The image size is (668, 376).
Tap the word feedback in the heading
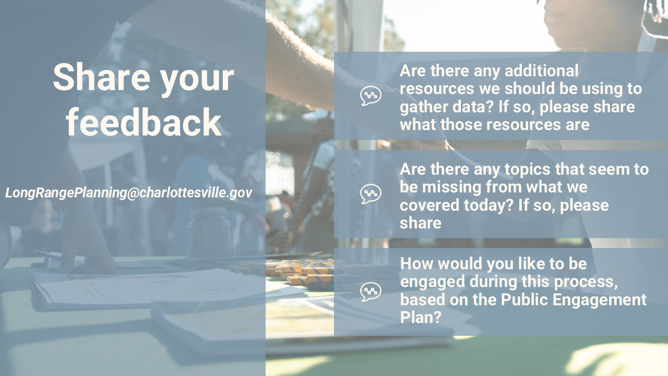click(144, 122)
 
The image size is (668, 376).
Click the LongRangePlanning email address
click(129, 193)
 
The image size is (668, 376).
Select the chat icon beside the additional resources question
click(371, 96)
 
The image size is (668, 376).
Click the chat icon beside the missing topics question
click(371, 194)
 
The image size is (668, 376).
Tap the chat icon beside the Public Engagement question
click(371, 291)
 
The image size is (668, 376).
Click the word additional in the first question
click(542, 70)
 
